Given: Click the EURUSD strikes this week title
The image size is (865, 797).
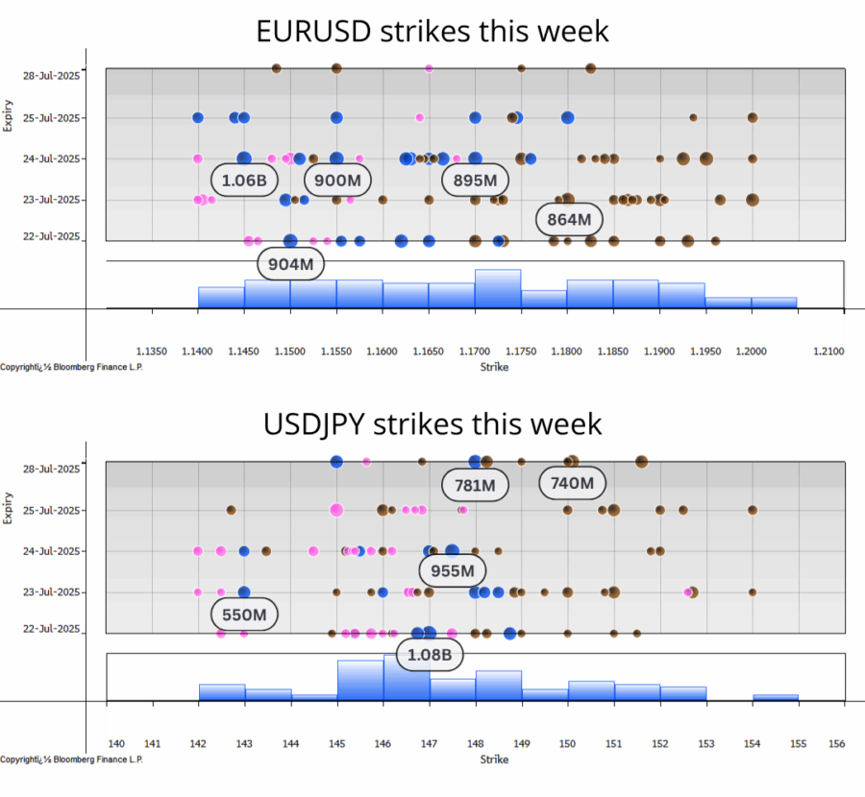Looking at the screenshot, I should click(x=432, y=31).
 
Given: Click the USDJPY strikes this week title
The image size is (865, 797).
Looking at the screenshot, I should click(x=432, y=423).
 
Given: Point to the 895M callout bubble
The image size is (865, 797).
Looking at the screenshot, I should click(x=475, y=180).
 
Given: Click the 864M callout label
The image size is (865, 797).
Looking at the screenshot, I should click(x=569, y=220).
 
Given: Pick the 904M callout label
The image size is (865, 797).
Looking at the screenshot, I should click(x=291, y=264).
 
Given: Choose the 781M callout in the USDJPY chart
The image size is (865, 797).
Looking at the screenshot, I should click(x=475, y=486).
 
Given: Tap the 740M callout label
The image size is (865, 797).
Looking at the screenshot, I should click(x=573, y=483).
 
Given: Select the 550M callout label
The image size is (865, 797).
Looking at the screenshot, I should click(x=244, y=614).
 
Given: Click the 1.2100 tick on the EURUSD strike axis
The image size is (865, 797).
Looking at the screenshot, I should click(x=828, y=351).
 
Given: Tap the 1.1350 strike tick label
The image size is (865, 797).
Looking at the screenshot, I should click(x=152, y=351).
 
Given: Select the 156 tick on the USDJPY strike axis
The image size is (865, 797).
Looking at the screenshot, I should click(x=837, y=744).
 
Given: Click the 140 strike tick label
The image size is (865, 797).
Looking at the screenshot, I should click(x=116, y=744).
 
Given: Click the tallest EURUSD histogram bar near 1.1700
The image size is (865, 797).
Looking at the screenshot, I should click(x=498, y=289).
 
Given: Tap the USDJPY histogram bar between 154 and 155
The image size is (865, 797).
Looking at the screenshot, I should click(x=776, y=698).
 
